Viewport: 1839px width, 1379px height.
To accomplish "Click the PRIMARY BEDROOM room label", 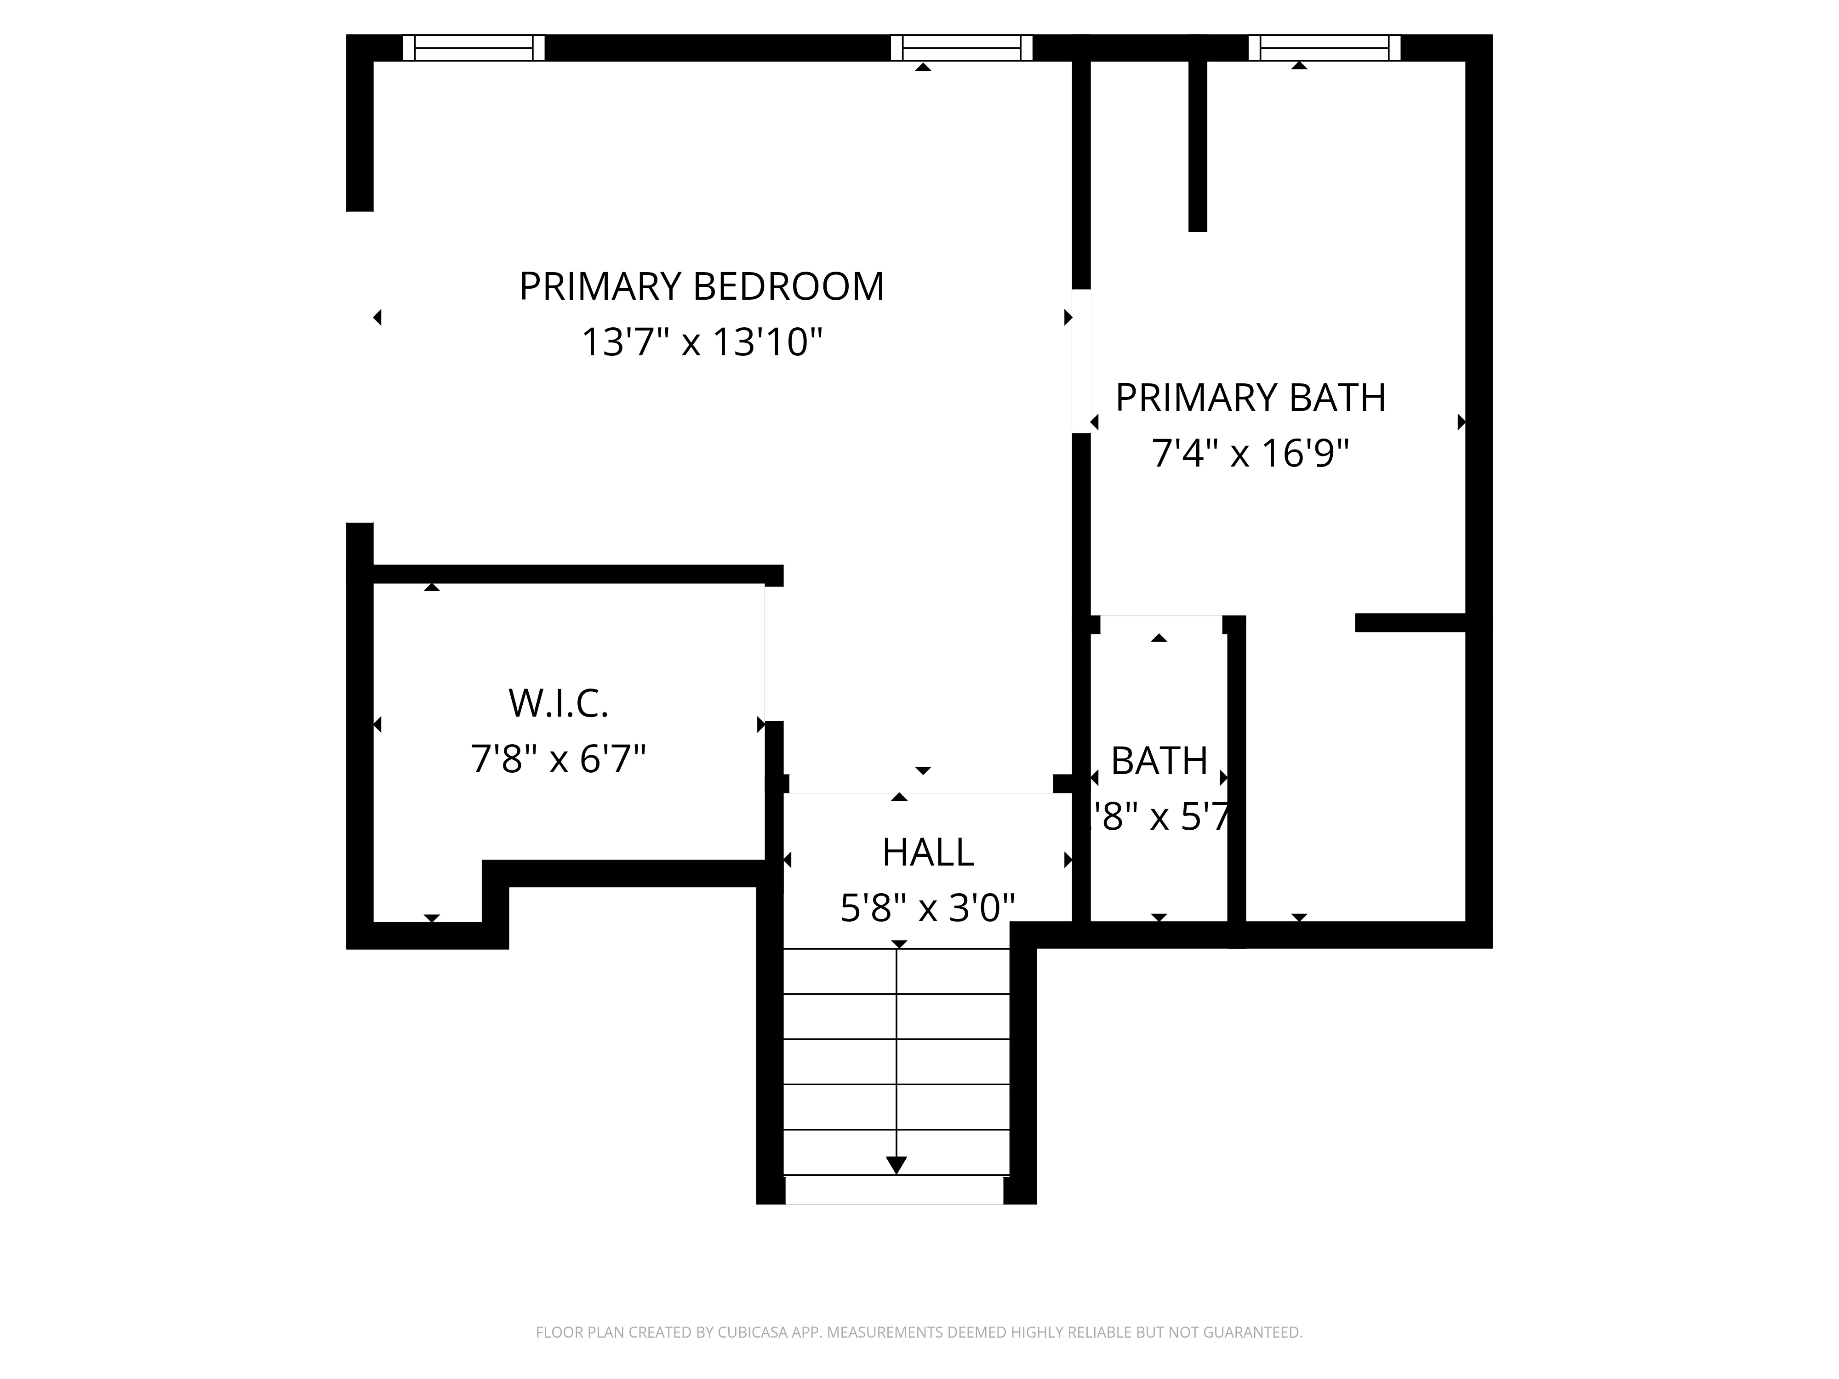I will pyautogui.click(x=702, y=287).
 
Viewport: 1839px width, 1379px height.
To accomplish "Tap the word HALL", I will pyautogui.click(x=928, y=853).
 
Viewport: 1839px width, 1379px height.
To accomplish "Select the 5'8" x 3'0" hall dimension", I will pyautogui.click(x=928, y=908).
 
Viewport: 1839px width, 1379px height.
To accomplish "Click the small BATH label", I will pyautogui.click(x=1159, y=761).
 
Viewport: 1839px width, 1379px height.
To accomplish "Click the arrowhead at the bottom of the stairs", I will pyautogui.click(x=896, y=1164).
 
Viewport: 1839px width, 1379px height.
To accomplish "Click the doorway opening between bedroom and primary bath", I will pyautogui.click(x=1081, y=362).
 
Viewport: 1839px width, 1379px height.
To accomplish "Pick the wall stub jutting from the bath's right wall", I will pyautogui.click(x=1410, y=622).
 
